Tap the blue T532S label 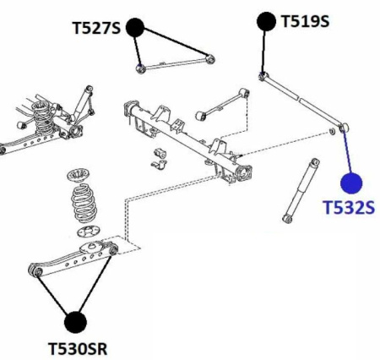pos(347,207)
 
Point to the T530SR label pos(77,347)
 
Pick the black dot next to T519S pos(266,19)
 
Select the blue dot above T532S pos(350,182)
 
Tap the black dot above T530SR pos(76,321)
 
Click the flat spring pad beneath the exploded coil pos(86,232)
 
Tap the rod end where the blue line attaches pos(342,128)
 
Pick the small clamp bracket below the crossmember pos(160,157)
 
